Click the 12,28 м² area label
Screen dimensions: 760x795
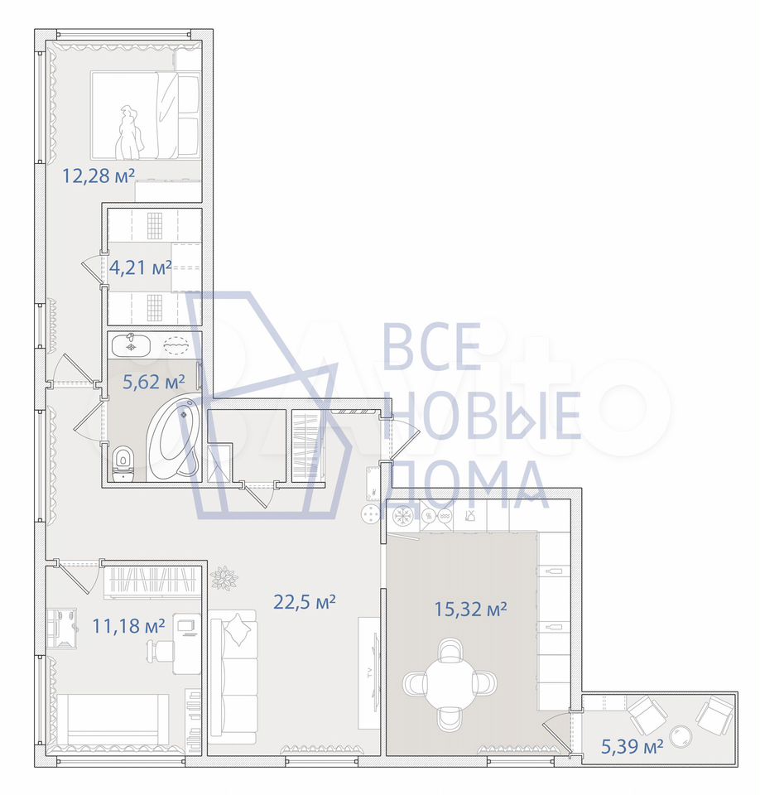pos(99,176)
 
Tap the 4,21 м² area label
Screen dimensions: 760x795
pos(141,267)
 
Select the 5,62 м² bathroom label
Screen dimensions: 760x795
pos(154,381)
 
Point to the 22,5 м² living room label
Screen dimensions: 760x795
pos(305,602)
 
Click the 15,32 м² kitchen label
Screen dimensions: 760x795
pos(470,609)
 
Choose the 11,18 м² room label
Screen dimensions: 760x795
pos(128,626)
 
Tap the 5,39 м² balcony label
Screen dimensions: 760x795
pos(633,746)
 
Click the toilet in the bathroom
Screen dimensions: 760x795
pos(123,464)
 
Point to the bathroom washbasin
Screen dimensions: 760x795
pos(131,345)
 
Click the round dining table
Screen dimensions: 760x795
pos(450,684)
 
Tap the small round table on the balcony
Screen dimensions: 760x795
pos(681,736)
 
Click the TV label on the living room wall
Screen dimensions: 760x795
pos(369,672)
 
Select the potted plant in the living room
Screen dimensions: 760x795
pos(224,578)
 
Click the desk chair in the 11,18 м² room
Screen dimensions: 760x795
pos(160,649)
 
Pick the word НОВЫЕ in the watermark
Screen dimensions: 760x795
pos(482,415)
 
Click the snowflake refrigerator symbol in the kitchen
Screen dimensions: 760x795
pos(403,517)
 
